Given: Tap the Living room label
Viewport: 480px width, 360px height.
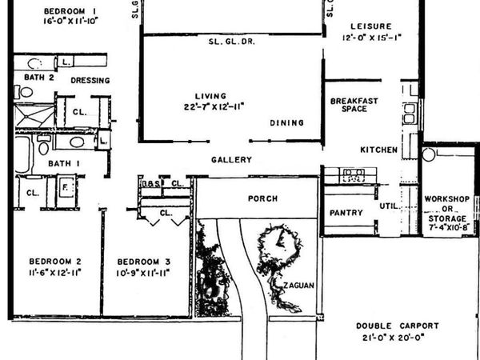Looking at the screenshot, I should (x=212, y=95).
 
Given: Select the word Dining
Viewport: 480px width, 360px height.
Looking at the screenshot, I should (x=286, y=123).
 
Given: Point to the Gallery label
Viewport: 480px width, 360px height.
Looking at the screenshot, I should (x=231, y=160).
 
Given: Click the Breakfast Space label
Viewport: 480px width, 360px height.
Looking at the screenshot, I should (x=354, y=105).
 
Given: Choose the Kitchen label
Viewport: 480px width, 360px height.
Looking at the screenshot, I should (x=378, y=150).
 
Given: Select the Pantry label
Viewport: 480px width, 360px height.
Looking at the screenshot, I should (x=346, y=213).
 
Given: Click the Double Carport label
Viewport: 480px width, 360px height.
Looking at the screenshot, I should (x=398, y=326).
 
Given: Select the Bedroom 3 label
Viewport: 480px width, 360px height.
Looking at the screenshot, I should (x=144, y=262).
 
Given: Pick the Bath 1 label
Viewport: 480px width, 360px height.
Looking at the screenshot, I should (x=60, y=164).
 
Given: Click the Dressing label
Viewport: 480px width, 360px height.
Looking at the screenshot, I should (x=90, y=81).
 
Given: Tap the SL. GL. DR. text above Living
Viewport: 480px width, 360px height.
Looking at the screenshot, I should (x=231, y=42).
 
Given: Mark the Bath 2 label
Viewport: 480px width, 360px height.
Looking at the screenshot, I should (x=39, y=78).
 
